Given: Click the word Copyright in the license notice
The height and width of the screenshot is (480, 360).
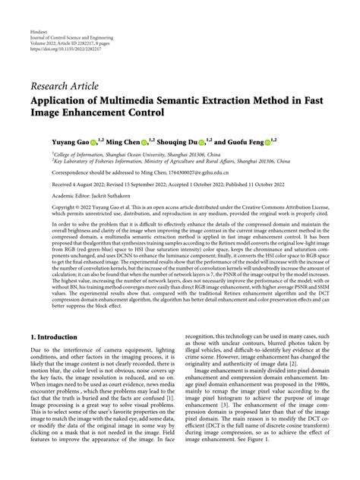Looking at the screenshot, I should [46, 207].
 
